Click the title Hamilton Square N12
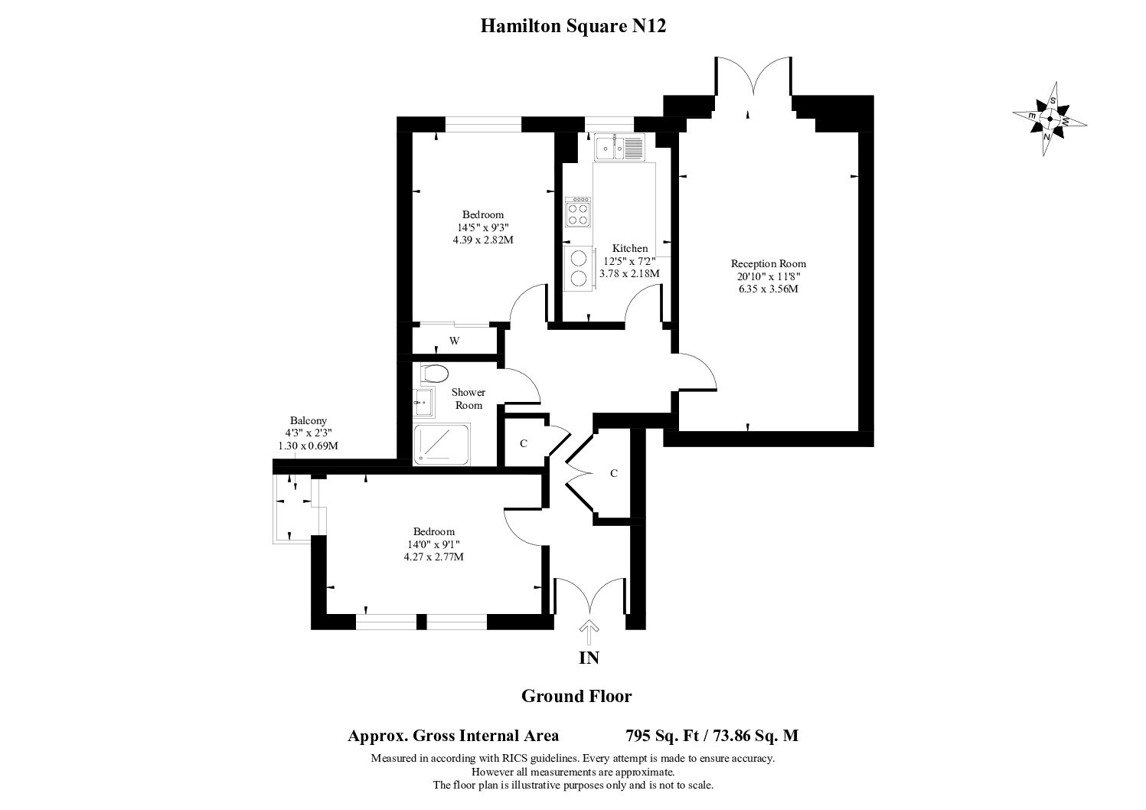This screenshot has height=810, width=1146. [573, 25]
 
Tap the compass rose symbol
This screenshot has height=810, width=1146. [1050, 119]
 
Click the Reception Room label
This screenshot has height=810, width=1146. [768, 263]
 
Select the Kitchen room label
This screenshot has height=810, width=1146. [630, 248]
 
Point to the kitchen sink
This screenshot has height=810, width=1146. [619, 147]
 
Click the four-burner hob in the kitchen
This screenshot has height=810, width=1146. [578, 212]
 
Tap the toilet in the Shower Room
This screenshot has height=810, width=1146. [434, 374]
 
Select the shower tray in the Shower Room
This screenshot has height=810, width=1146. [442, 444]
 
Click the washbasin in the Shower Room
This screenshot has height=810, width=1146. [423, 403]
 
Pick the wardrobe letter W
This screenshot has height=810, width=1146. [454, 341]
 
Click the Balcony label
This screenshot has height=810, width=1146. [308, 420]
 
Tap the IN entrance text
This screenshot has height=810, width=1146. [589, 658]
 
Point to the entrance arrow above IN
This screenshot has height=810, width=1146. [589, 632]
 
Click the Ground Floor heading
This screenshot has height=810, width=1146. [576, 696]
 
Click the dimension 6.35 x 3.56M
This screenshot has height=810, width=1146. [769, 289]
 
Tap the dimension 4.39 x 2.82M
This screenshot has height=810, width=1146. [483, 240]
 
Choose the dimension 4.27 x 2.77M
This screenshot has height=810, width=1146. [434, 557]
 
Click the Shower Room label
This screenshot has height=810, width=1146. [468, 399]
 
